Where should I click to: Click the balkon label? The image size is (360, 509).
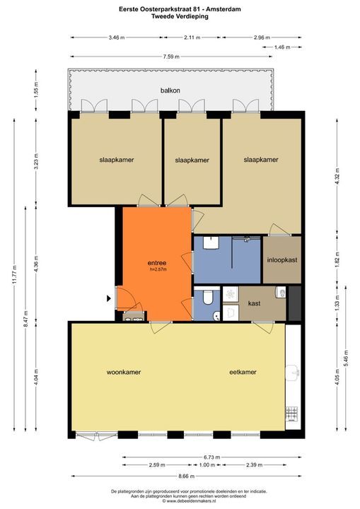click(170, 90)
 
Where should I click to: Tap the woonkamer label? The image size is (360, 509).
click(124, 372)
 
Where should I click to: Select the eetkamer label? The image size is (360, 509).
click(243, 372)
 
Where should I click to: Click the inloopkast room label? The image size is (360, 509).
click(282, 260)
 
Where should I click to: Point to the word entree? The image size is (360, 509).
click(157, 263)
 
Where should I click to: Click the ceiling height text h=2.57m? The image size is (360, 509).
click(158, 269)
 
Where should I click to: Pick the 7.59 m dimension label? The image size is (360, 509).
click(171, 57)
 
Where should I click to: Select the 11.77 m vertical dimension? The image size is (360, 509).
click(14, 275)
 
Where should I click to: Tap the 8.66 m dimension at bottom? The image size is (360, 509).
click(186, 476)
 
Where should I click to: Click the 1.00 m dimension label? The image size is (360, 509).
click(207, 465)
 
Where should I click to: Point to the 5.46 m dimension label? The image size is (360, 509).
click(346, 358)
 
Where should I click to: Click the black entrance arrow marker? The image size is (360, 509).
click(109, 298)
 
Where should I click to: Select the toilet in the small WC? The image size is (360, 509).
click(207, 297)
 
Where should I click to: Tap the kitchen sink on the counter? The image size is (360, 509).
click(292, 373)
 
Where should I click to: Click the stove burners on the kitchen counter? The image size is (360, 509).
click(291, 414)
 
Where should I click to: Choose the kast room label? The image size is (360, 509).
click(254, 303)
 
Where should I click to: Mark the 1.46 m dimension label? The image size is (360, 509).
click(282, 47)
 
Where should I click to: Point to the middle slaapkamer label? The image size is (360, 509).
click(192, 160)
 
